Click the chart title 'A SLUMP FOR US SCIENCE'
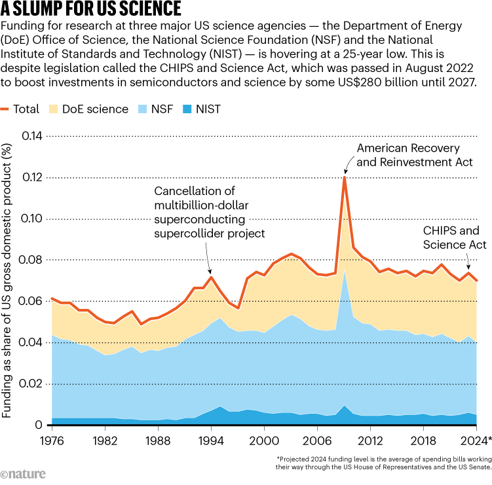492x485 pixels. click(92, 10)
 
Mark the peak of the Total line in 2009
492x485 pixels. click(344, 177)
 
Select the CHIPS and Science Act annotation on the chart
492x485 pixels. click(454, 238)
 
